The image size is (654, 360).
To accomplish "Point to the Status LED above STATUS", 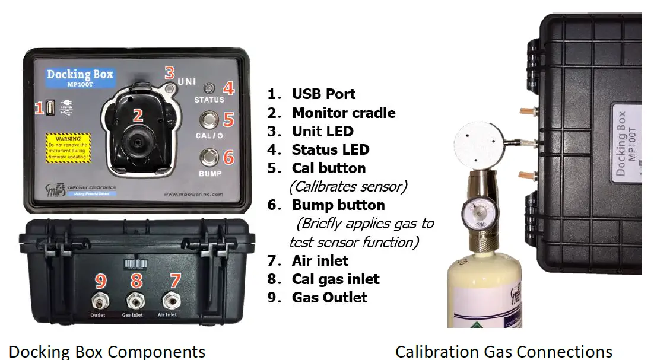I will [209, 88].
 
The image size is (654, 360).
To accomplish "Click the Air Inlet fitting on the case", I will [172, 298].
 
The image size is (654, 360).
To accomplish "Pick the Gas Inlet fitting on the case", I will [135, 298].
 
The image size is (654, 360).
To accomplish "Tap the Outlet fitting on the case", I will [99, 298].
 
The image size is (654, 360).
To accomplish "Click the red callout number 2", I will [138, 115].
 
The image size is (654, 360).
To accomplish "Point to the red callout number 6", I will [228, 157].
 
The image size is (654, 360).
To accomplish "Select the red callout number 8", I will [137, 279].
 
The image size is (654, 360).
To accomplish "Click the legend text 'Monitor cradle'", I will [344, 113].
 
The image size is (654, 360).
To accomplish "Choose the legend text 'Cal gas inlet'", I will [335, 279].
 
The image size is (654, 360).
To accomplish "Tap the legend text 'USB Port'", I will [323, 94].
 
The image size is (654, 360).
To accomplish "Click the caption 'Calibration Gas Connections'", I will [503, 351].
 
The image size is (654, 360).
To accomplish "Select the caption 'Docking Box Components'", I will [107, 351].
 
